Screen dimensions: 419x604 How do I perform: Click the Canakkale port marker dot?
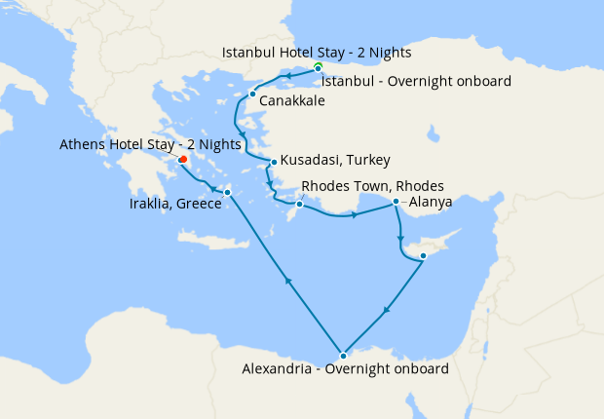click(252, 95)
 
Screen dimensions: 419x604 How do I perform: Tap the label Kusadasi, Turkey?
click(335, 161)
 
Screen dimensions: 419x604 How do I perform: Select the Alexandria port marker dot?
click(343, 355)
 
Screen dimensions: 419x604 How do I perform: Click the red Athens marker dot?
click(183, 160)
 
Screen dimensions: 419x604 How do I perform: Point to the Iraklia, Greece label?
click(175, 206)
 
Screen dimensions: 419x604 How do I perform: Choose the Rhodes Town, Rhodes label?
click(373, 185)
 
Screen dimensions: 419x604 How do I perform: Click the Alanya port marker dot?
click(396, 202)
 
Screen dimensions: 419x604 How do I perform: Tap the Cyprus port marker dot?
click(423, 256)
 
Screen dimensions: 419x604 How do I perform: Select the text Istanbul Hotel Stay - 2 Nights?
click(317, 52)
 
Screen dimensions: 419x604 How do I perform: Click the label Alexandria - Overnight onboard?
click(346, 369)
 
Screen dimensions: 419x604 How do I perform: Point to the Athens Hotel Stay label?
click(151, 144)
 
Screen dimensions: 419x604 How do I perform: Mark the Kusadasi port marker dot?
click(274, 162)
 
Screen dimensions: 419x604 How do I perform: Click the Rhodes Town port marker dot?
click(300, 205)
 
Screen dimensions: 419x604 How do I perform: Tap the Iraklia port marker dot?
click(227, 192)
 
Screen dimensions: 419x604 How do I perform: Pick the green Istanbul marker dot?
click(318, 66)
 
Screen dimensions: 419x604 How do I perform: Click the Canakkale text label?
click(292, 100)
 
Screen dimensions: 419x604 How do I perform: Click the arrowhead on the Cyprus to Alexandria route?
click(387, 313)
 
